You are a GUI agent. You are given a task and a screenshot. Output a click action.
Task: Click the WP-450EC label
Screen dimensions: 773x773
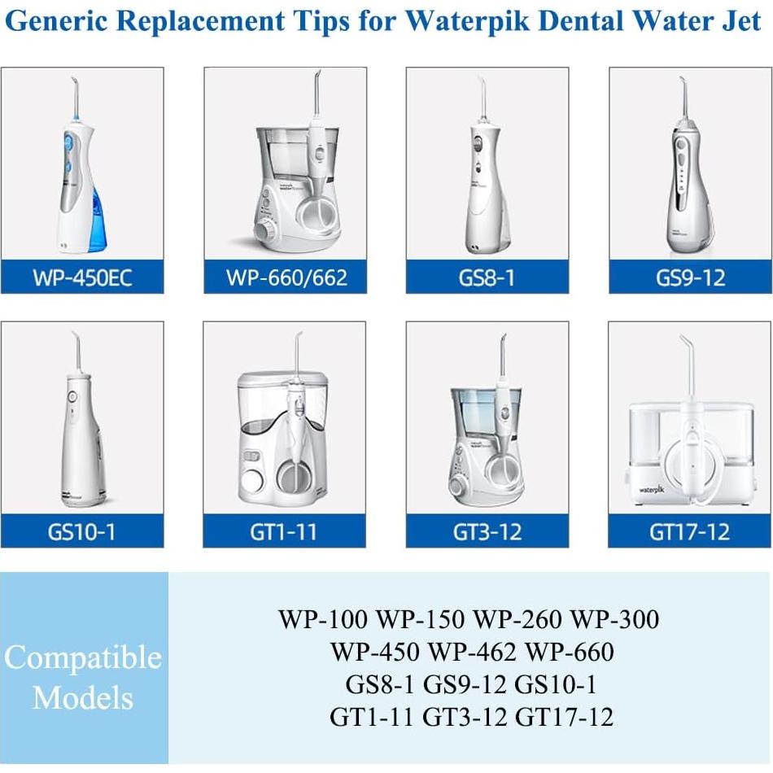[82, 278]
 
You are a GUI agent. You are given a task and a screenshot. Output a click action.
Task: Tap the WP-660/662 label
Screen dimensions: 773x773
[286, 278]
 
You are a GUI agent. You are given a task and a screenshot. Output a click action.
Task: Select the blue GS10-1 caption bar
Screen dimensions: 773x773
[82, 532]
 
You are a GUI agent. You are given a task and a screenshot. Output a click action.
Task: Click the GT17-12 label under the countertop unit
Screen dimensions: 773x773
[690, 532]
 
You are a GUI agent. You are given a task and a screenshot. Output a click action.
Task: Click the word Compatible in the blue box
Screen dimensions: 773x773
[83, 657]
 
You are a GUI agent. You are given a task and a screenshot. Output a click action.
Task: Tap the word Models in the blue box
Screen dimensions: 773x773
[83, 697]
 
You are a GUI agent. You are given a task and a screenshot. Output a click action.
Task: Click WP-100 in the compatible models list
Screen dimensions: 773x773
[323, 620]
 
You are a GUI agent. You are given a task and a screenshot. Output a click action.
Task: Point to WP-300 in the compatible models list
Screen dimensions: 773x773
[614, 620]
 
